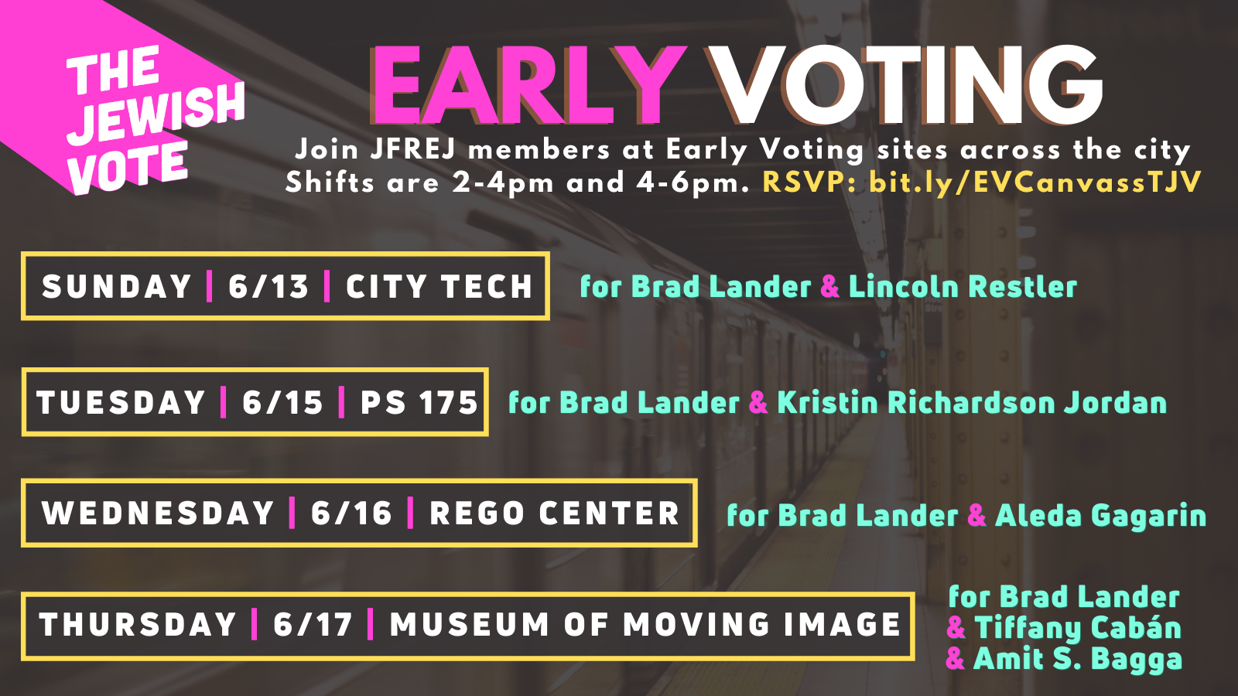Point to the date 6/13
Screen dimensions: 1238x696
(268, 287)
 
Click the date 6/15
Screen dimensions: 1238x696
(282, 402)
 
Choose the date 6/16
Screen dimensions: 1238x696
(351, 513)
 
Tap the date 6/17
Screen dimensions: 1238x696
(313, 625)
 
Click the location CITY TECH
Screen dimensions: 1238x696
(439, 287)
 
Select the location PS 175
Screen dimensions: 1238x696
(419, 402)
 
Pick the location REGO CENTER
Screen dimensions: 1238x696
(554, 513)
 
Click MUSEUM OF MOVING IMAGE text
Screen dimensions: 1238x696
(645, 625)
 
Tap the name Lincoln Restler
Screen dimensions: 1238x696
(963, 287)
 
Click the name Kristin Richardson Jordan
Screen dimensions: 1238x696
(972, 403)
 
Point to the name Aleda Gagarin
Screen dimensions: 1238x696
(1100, 515)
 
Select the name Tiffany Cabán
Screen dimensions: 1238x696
(1078, 628)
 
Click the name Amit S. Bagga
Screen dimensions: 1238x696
(1078, 659)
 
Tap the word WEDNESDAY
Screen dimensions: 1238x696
(158, 513)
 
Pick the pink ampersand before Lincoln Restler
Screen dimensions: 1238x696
(830, 287)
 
